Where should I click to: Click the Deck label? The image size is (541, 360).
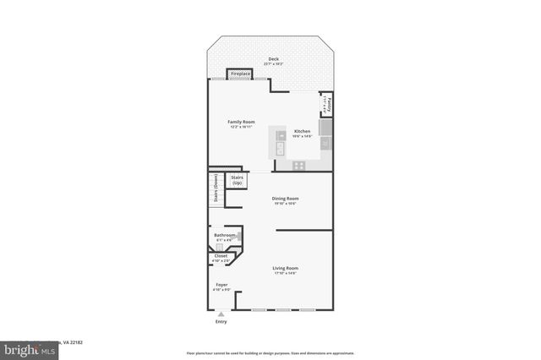[272, 59]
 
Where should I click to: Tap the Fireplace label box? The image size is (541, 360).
[240, 74]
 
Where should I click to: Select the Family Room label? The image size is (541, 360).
[241, 122]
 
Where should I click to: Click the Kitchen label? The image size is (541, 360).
[302, 131]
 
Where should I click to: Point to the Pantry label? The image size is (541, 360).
[328, 106]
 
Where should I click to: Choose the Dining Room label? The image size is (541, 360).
[285, 199]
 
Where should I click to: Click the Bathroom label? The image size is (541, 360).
[224, 235]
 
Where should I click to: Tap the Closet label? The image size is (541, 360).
[221, 255]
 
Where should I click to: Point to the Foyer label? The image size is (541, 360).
[221, 285]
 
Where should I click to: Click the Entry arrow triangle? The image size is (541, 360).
[221, 314]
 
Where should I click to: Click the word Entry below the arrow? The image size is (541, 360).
[221, 321]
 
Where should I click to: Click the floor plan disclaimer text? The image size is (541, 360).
[270, 353]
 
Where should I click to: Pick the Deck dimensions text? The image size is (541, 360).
[272, 64]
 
